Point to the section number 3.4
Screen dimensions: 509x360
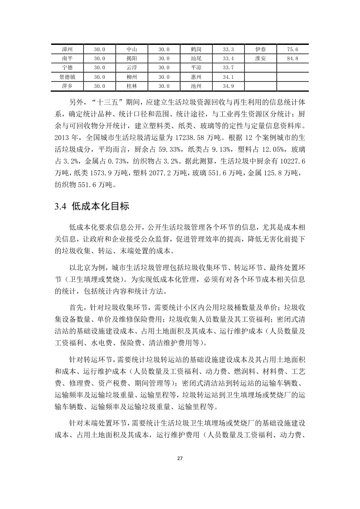coord(60,207)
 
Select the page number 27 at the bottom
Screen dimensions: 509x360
coord(180,458)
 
